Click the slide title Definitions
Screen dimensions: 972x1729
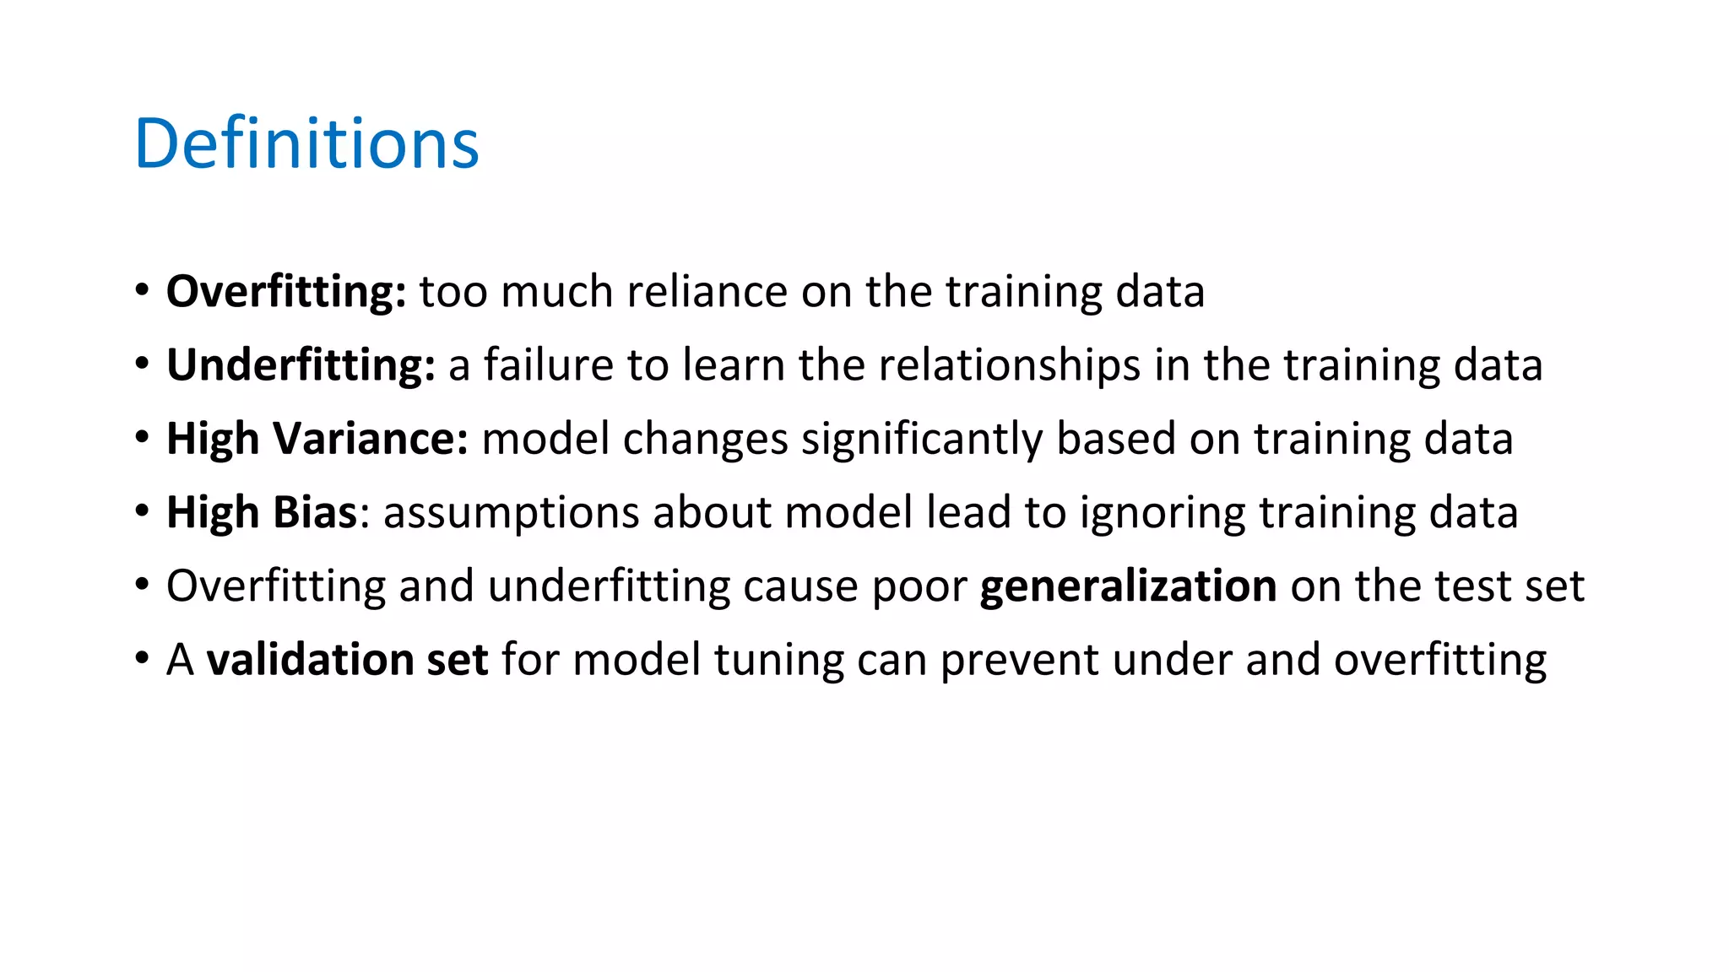[306, 143]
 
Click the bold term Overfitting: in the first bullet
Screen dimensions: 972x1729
[286, 292]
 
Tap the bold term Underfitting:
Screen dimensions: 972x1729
[301, 365]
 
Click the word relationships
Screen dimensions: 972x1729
[1010, 365]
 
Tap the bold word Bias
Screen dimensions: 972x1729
[316, 512]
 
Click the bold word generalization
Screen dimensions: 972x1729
[1128, 586]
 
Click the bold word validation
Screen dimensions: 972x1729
[310, 659]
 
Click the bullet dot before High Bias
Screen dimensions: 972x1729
[143, 510]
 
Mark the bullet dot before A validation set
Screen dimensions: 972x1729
[143, 657]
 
